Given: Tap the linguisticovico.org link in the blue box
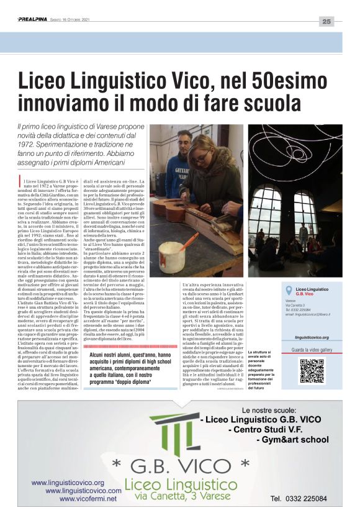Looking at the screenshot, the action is [312, 337].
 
